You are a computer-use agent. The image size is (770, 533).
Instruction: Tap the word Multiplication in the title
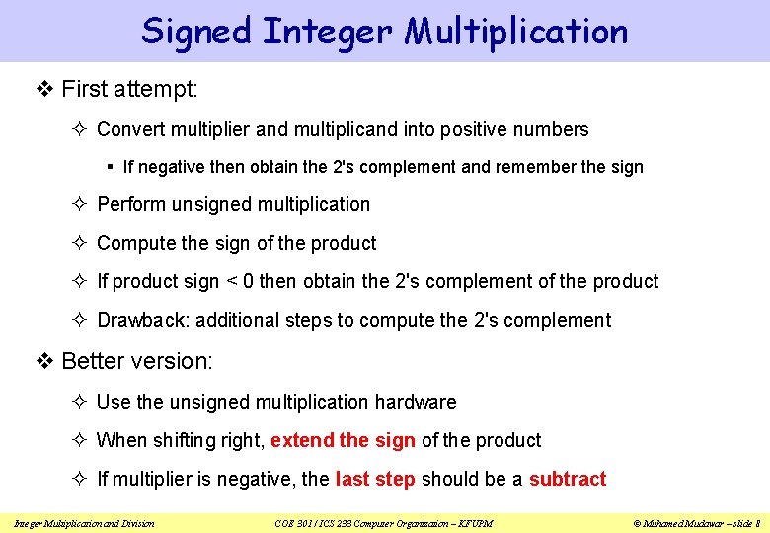click(516, 31)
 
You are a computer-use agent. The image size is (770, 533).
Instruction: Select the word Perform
click(132, 204)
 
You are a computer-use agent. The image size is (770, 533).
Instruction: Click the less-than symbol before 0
click(232, 282)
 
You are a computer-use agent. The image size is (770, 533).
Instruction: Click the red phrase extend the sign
click(343, 440)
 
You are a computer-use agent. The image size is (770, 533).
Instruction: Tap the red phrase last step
click(375, 479)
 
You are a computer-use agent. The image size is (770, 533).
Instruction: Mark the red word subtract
click(568, 479)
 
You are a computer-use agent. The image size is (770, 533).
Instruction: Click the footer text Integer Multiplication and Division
click(85, 522)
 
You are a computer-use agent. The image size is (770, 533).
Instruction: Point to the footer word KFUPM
click(474, 522)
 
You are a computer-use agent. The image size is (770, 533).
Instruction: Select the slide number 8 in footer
click(756, 522)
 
